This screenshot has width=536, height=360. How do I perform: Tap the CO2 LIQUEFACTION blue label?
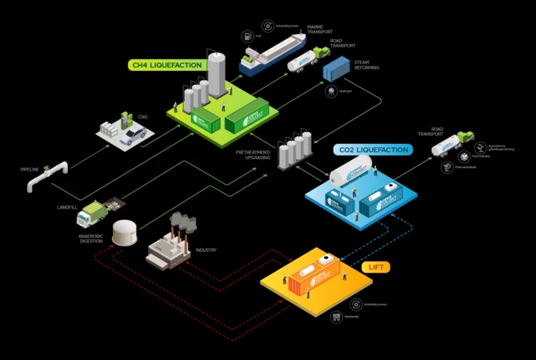(x=372, y=150)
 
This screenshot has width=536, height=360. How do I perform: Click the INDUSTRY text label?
(x=206, y=250)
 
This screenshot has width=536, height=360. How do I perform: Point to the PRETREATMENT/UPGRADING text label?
(x=253, y=154)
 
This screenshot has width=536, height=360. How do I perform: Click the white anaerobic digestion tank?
(x=126, y=232)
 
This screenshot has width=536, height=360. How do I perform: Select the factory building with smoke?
(x=169, y=244)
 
